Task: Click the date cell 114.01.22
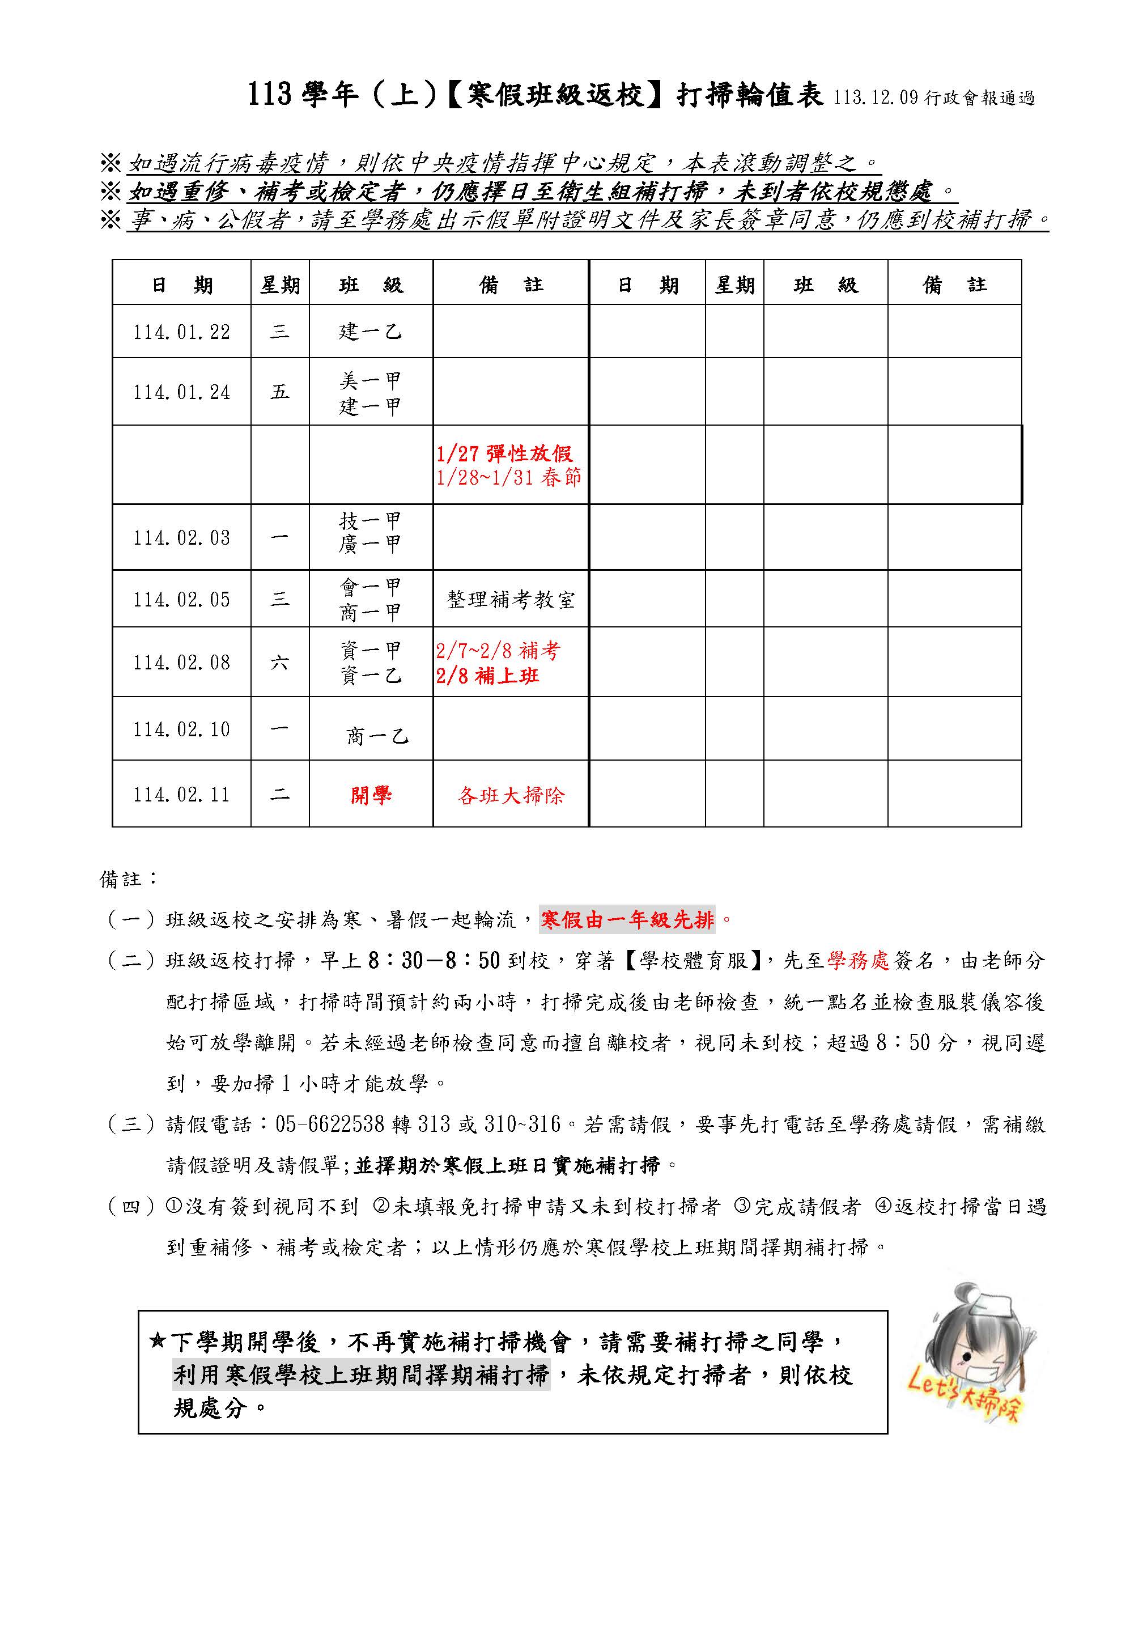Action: tap(181, 332)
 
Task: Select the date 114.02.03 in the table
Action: tap(181, 538)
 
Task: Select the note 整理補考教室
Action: tap(511, 600)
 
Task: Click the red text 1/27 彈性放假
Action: tap(504, 453)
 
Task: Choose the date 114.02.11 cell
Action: tap(181, 795)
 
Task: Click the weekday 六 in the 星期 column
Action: tap(279, 663)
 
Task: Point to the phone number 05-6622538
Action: tap(330, 1124)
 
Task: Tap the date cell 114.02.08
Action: tap(181, 663)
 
